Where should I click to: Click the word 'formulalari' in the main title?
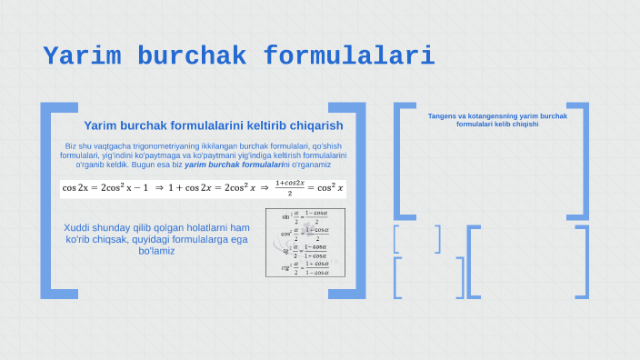coord(349,56)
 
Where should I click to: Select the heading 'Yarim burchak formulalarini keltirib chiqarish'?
coord(213,125)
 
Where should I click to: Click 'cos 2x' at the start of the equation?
coord(75,187)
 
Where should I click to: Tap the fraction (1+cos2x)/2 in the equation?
coord(289,187)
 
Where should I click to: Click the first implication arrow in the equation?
coord(158,187)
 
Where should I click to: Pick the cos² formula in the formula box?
coord(305,233)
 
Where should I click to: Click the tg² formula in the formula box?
coord(305,250)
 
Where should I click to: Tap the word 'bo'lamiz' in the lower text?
coord(156,250)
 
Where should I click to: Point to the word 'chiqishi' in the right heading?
coord(525,125)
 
